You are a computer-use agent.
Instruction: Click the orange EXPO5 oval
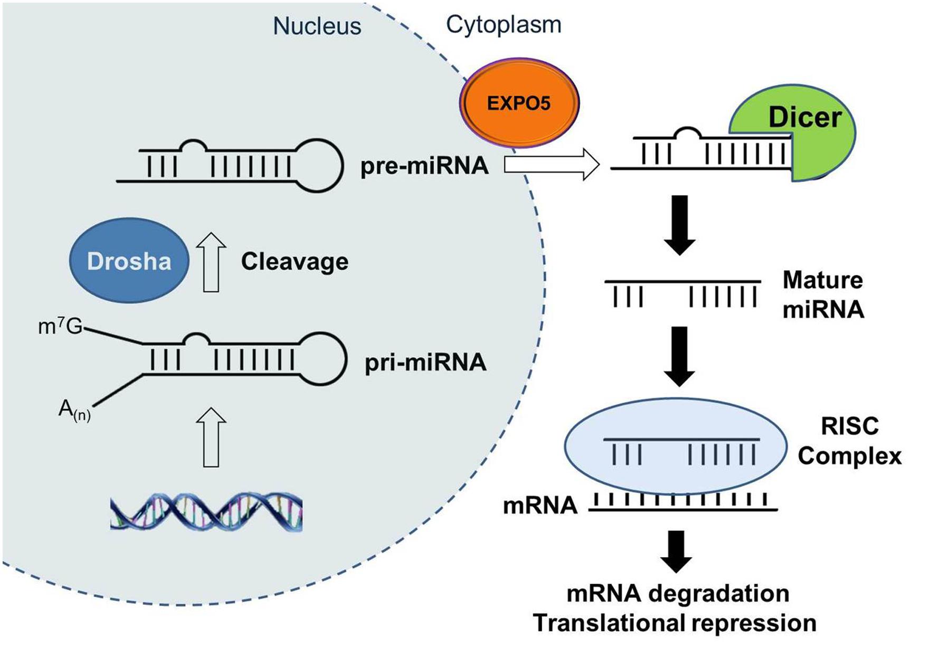(519, 103)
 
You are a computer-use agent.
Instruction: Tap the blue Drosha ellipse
(129, 261)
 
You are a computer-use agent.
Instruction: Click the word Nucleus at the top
(317, 26)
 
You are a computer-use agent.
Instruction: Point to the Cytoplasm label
(504, 24)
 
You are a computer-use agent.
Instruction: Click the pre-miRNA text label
(424, 166)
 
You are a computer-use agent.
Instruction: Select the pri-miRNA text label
(425, 363)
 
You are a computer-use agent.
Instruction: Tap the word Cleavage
(295, 261)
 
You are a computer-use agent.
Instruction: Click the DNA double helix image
(206, 512)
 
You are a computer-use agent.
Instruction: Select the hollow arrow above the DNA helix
(211, 437)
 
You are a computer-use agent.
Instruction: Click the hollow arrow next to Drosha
(211, 262)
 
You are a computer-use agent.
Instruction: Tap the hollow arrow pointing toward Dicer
(552, 165)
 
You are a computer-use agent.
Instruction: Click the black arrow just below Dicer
(680, 224)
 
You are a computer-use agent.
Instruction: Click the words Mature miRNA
(823, 294)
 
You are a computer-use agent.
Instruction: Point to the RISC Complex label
(849, 441)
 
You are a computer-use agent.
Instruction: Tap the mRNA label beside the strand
(540, 506)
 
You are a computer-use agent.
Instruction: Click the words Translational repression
(675, 623)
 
